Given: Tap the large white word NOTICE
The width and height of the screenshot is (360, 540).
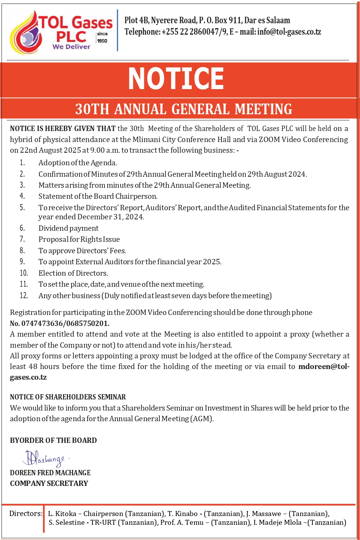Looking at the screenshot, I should (x=176, y=79).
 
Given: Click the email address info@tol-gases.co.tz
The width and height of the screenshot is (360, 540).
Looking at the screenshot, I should (x=289, y=32).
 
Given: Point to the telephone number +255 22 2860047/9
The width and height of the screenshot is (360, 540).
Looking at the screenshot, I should (x=194, y=32).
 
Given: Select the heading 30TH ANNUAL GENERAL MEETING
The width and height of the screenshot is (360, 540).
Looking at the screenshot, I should (x=183, y=109).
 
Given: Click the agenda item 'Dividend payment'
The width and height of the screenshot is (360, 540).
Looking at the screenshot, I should (x=68, y=228).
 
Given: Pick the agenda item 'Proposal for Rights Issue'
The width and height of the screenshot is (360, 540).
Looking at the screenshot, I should (x=79, y=239).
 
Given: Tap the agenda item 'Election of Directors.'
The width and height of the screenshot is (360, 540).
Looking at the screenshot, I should (x=73, y=273).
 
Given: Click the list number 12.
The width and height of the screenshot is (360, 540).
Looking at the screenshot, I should (x=24, y=296).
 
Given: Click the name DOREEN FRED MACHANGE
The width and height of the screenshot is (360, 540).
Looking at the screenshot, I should (x=50, y=473).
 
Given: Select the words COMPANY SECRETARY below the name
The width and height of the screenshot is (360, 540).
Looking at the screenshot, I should (x=49, y=483).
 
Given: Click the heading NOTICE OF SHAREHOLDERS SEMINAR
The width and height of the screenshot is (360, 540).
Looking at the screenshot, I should (x=68, y=397).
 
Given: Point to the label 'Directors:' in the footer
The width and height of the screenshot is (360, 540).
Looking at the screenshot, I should (x=26, y=513).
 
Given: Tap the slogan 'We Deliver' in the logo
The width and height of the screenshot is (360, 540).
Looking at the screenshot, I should (x=72, y=47).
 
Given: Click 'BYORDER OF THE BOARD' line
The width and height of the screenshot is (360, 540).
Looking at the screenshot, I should (x=53, y=440).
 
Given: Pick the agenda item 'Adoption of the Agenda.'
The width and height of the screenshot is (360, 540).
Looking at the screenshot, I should (x=78, y=163).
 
